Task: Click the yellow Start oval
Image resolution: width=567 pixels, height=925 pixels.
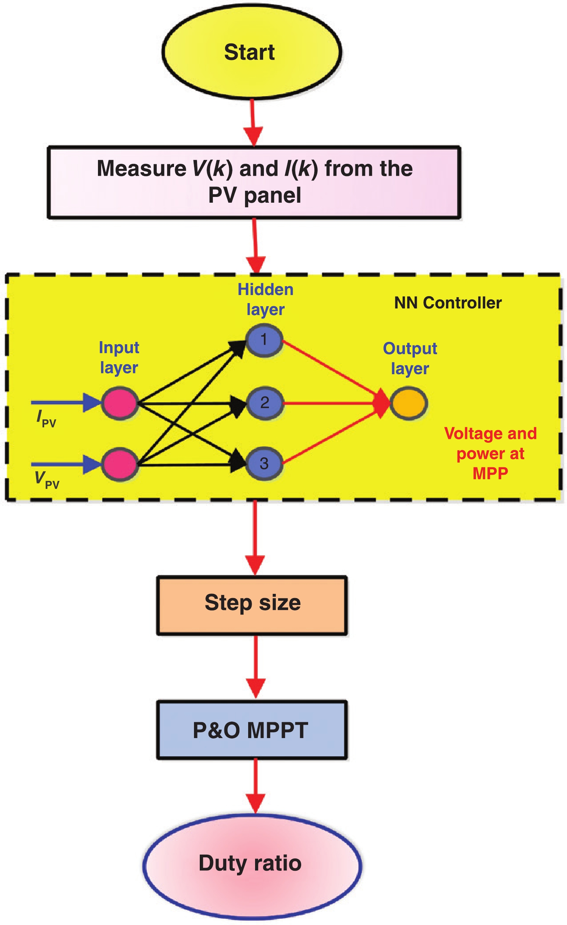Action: tap(252, 52)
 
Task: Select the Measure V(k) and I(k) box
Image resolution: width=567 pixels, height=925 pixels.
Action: tap(254, 182)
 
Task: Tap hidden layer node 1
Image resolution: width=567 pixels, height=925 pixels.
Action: tap(264, 340)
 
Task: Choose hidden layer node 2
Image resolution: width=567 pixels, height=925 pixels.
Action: tap(265, 403)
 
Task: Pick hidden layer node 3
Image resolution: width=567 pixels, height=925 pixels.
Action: tap(264, 463)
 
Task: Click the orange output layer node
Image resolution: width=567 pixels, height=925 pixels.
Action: tap(408, 403)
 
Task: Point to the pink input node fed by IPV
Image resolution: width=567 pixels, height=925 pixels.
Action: tap(119, 403)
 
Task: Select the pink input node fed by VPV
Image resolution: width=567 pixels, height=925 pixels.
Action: tap(119, 464)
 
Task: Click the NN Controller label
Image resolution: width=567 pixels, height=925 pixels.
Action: tap(448, 303)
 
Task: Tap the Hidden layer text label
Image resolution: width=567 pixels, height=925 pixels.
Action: tap(265, 299)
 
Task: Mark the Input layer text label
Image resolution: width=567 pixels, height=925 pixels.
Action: tap(119, 357)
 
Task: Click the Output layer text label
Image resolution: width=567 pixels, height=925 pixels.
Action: tap(410, 358)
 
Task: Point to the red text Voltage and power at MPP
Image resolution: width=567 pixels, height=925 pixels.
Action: tap(490, 453)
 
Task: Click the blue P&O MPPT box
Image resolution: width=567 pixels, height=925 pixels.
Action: tap(252, 730)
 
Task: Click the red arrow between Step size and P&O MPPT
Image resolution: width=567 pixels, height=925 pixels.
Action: tap(255, 667)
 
